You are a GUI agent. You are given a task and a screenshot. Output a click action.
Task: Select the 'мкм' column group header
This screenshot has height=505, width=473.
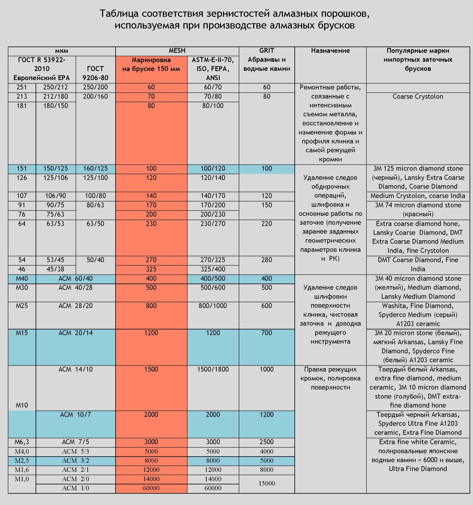[61, 51]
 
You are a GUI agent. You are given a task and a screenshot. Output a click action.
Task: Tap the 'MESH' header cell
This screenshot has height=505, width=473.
[177, 51]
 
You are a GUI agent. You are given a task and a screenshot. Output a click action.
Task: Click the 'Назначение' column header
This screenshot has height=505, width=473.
[330, 51]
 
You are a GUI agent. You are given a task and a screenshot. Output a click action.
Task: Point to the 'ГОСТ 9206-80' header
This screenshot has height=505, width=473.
[95, 73]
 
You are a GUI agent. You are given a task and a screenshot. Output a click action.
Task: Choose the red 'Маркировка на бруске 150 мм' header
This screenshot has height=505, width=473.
[151, 65]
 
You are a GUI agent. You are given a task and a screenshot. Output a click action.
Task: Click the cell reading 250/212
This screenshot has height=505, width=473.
[55, 87]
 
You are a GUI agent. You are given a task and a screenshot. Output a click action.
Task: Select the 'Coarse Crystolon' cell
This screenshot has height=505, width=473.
[418, 96]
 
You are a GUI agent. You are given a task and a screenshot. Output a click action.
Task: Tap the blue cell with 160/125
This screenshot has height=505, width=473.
[95, 169]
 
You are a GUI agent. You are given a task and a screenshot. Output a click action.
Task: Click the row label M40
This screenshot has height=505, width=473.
[22, 279]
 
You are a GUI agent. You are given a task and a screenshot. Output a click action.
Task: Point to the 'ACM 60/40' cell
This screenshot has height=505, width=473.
[75, 279]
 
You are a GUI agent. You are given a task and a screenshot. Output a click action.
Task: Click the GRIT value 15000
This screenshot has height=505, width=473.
[267, 483]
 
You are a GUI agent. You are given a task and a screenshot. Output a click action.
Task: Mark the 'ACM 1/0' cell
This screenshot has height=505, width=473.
[75, 488]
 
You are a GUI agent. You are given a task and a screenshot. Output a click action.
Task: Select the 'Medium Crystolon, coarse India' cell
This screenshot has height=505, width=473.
[418, 196]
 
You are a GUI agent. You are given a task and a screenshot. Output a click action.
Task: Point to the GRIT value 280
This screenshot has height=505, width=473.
[267, 260]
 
